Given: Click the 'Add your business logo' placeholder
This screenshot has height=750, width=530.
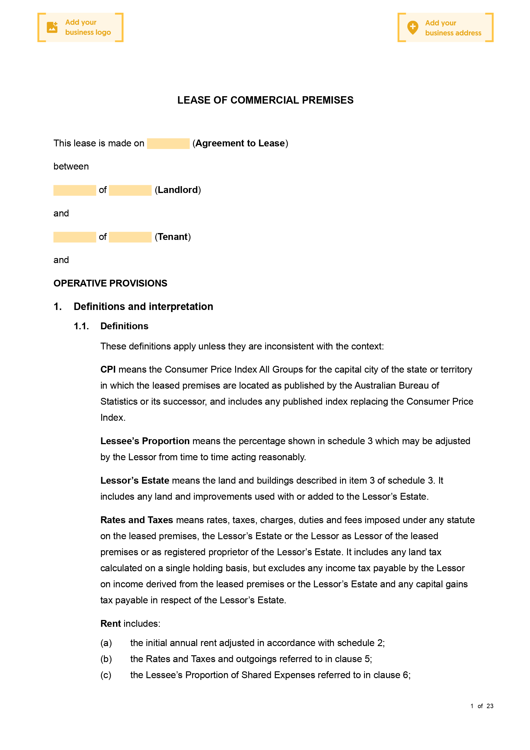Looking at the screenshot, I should tap(80, 27).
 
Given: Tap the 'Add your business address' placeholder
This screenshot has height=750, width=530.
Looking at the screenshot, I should tap(445, 28).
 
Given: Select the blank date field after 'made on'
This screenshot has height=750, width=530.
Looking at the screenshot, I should tap(168, 143).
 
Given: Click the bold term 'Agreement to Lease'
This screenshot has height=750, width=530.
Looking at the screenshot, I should tap(240, 143).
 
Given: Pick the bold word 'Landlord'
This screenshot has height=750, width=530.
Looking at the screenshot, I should tap(178, 190).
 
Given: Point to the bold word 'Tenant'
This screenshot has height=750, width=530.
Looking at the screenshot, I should tap(173, 237).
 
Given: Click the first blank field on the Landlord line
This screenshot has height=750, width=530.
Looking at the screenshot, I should tap(75, 190).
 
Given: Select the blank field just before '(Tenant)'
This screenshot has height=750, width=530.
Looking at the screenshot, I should tap(130, 237).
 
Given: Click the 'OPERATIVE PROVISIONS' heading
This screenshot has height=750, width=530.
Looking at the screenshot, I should tap(110, 283).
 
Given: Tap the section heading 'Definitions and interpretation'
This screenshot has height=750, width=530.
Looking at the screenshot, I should tap(143, 306).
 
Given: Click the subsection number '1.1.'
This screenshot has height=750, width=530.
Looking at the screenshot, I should tap(81, 326).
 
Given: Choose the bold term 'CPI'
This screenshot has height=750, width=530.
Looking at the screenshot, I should tap(108, 369).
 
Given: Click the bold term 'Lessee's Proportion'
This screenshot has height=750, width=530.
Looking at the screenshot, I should tap(145, 441).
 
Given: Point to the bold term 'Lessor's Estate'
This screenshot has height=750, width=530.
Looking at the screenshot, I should tap(135, 480).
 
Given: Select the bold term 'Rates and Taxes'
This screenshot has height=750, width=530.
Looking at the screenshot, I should tap(137, 520).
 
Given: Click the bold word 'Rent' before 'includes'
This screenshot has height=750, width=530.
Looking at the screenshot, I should tap(110, 624).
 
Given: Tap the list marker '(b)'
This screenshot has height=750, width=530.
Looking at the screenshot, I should tap(106, 659).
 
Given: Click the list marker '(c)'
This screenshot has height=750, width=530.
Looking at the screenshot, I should tap(106, 675).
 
